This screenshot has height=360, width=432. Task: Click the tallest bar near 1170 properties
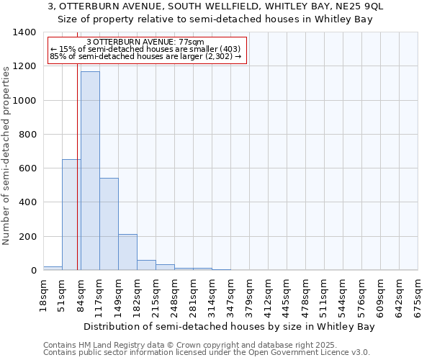(90, 171)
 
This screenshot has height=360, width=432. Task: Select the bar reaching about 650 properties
(71, 215)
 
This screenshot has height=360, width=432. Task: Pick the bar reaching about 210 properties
(127, 252)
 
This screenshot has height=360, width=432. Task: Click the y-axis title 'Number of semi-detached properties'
(7, 153)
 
